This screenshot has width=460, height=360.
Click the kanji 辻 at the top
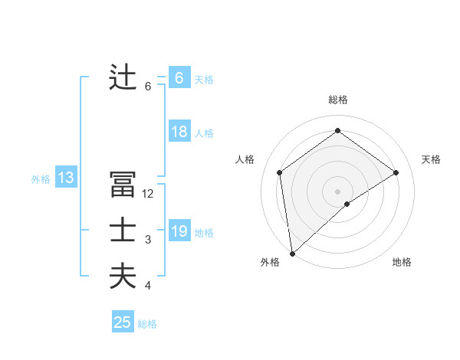pyautogui.click(x=123, y=78)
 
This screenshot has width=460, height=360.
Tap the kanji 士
pyautogui.click(x=123, y=231)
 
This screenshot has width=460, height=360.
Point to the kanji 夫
pyautogui.click(x=123, y=276)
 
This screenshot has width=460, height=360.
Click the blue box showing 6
pyautogui.click(x=179, y=78)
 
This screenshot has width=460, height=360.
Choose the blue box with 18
pyautogui.click(x=179, y=132)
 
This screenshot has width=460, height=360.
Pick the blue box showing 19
pyautogui.click(x=179, y=231)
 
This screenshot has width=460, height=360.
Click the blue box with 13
pyautogui.click(x=65, y=178)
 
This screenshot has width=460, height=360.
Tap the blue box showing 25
pyautogui.click(x=123, y=322)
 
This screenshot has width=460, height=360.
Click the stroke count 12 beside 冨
pyautogui.click(x=148, y=195)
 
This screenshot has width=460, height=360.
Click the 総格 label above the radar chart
pyautogui.click(x=337, y=100)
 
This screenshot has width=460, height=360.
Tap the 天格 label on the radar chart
pyautogui.click(x=431, y=159)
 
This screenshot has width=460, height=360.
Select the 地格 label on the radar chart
pyautogui.click(x=402, y=262)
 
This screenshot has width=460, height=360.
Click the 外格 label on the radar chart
pyautogui.click(x=270, y=262)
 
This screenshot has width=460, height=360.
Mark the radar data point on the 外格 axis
pyautogui.click(x=291, y=253)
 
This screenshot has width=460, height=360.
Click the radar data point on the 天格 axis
pyautogui.click(x=396, y=172)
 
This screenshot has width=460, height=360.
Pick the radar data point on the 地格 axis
pyautogui.click(x=347, y=204)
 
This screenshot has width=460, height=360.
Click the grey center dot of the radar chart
pyautogui.click(x=337, y=191)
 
